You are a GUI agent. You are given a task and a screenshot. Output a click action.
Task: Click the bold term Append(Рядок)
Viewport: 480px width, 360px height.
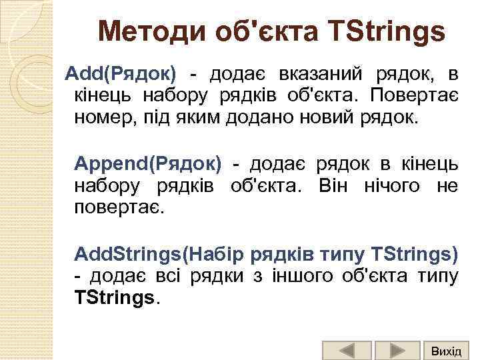pyautogui.click(x=148, y=163)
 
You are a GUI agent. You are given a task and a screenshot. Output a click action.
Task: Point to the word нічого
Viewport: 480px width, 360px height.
pyautogui.click(x=393, y=185)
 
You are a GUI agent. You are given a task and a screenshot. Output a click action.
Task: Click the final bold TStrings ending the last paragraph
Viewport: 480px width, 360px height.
pyautogui.click(x=115, y=299)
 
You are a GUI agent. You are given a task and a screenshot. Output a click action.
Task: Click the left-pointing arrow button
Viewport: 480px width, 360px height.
pyautogui.click(x=346, y=349)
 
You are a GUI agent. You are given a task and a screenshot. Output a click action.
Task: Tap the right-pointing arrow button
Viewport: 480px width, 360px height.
pyautogui.click(x=397, y=349)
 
